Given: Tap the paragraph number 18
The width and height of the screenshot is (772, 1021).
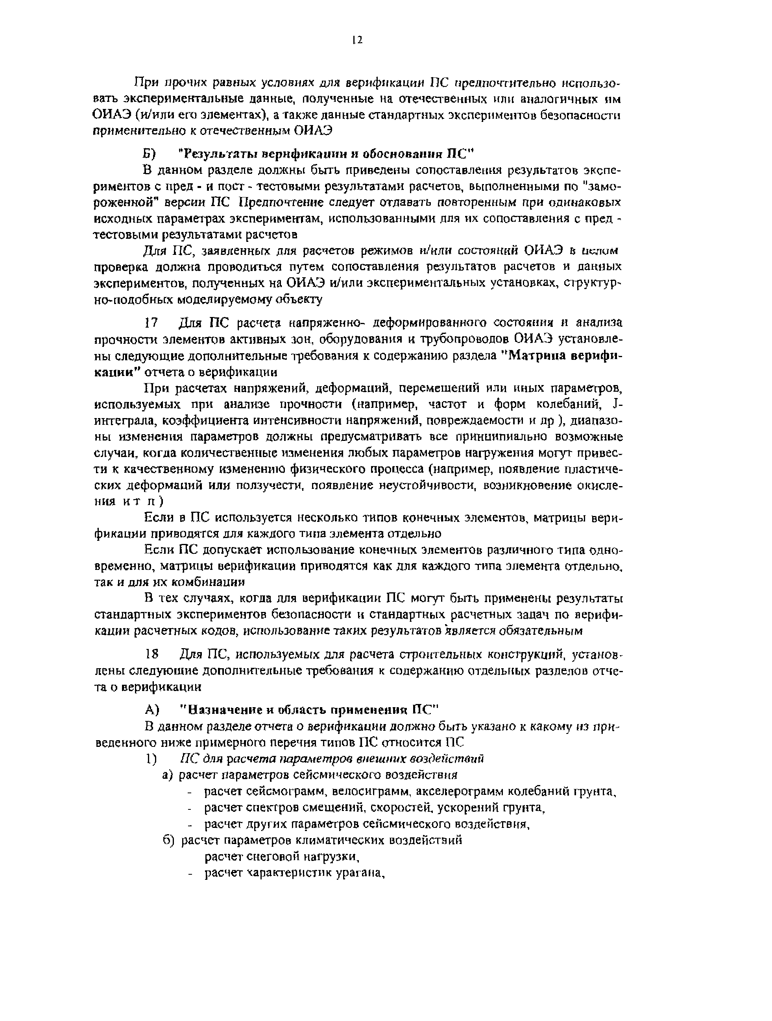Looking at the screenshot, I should (x=152, y=654).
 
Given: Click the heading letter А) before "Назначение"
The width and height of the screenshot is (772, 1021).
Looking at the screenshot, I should (x=152, y=708).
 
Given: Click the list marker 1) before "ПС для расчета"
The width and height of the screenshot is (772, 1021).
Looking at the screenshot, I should (x=151, y=759).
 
